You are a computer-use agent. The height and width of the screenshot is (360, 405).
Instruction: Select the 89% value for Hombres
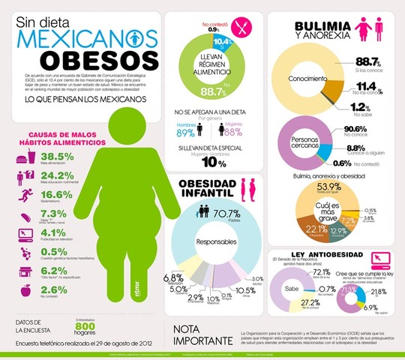pos(186,133)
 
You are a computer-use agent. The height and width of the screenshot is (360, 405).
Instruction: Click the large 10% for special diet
pos(213,163)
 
